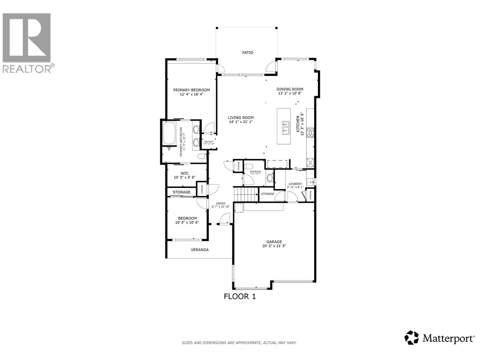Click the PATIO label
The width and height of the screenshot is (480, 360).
tap(248, 52)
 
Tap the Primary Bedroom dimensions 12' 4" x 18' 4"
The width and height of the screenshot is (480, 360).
tap(191, 94)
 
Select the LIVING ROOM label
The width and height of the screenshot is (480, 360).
tap(241, 118)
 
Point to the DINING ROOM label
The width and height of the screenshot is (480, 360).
tap(290, 89)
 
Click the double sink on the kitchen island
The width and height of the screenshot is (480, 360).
tap(285, 127)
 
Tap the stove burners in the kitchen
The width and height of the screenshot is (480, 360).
tap(310, 132)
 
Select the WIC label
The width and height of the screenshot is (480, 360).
tap(184, 173)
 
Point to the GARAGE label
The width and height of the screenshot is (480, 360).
tap(274, 241)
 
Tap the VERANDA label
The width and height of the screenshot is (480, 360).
tap(200, 250)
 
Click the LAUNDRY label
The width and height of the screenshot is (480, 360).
tap(295, 184)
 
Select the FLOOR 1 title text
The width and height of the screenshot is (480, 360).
tap(240, 296)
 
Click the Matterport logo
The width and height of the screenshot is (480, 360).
tap(440, 338)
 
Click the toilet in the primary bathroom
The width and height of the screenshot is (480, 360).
tap(202, 156)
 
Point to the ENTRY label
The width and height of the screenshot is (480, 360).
tap(221, 203)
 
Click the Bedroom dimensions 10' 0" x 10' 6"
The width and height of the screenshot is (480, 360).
tap(187, 222)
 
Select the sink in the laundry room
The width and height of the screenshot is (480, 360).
tap(310, 182)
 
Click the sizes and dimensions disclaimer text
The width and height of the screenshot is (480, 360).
tap(239, 343)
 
